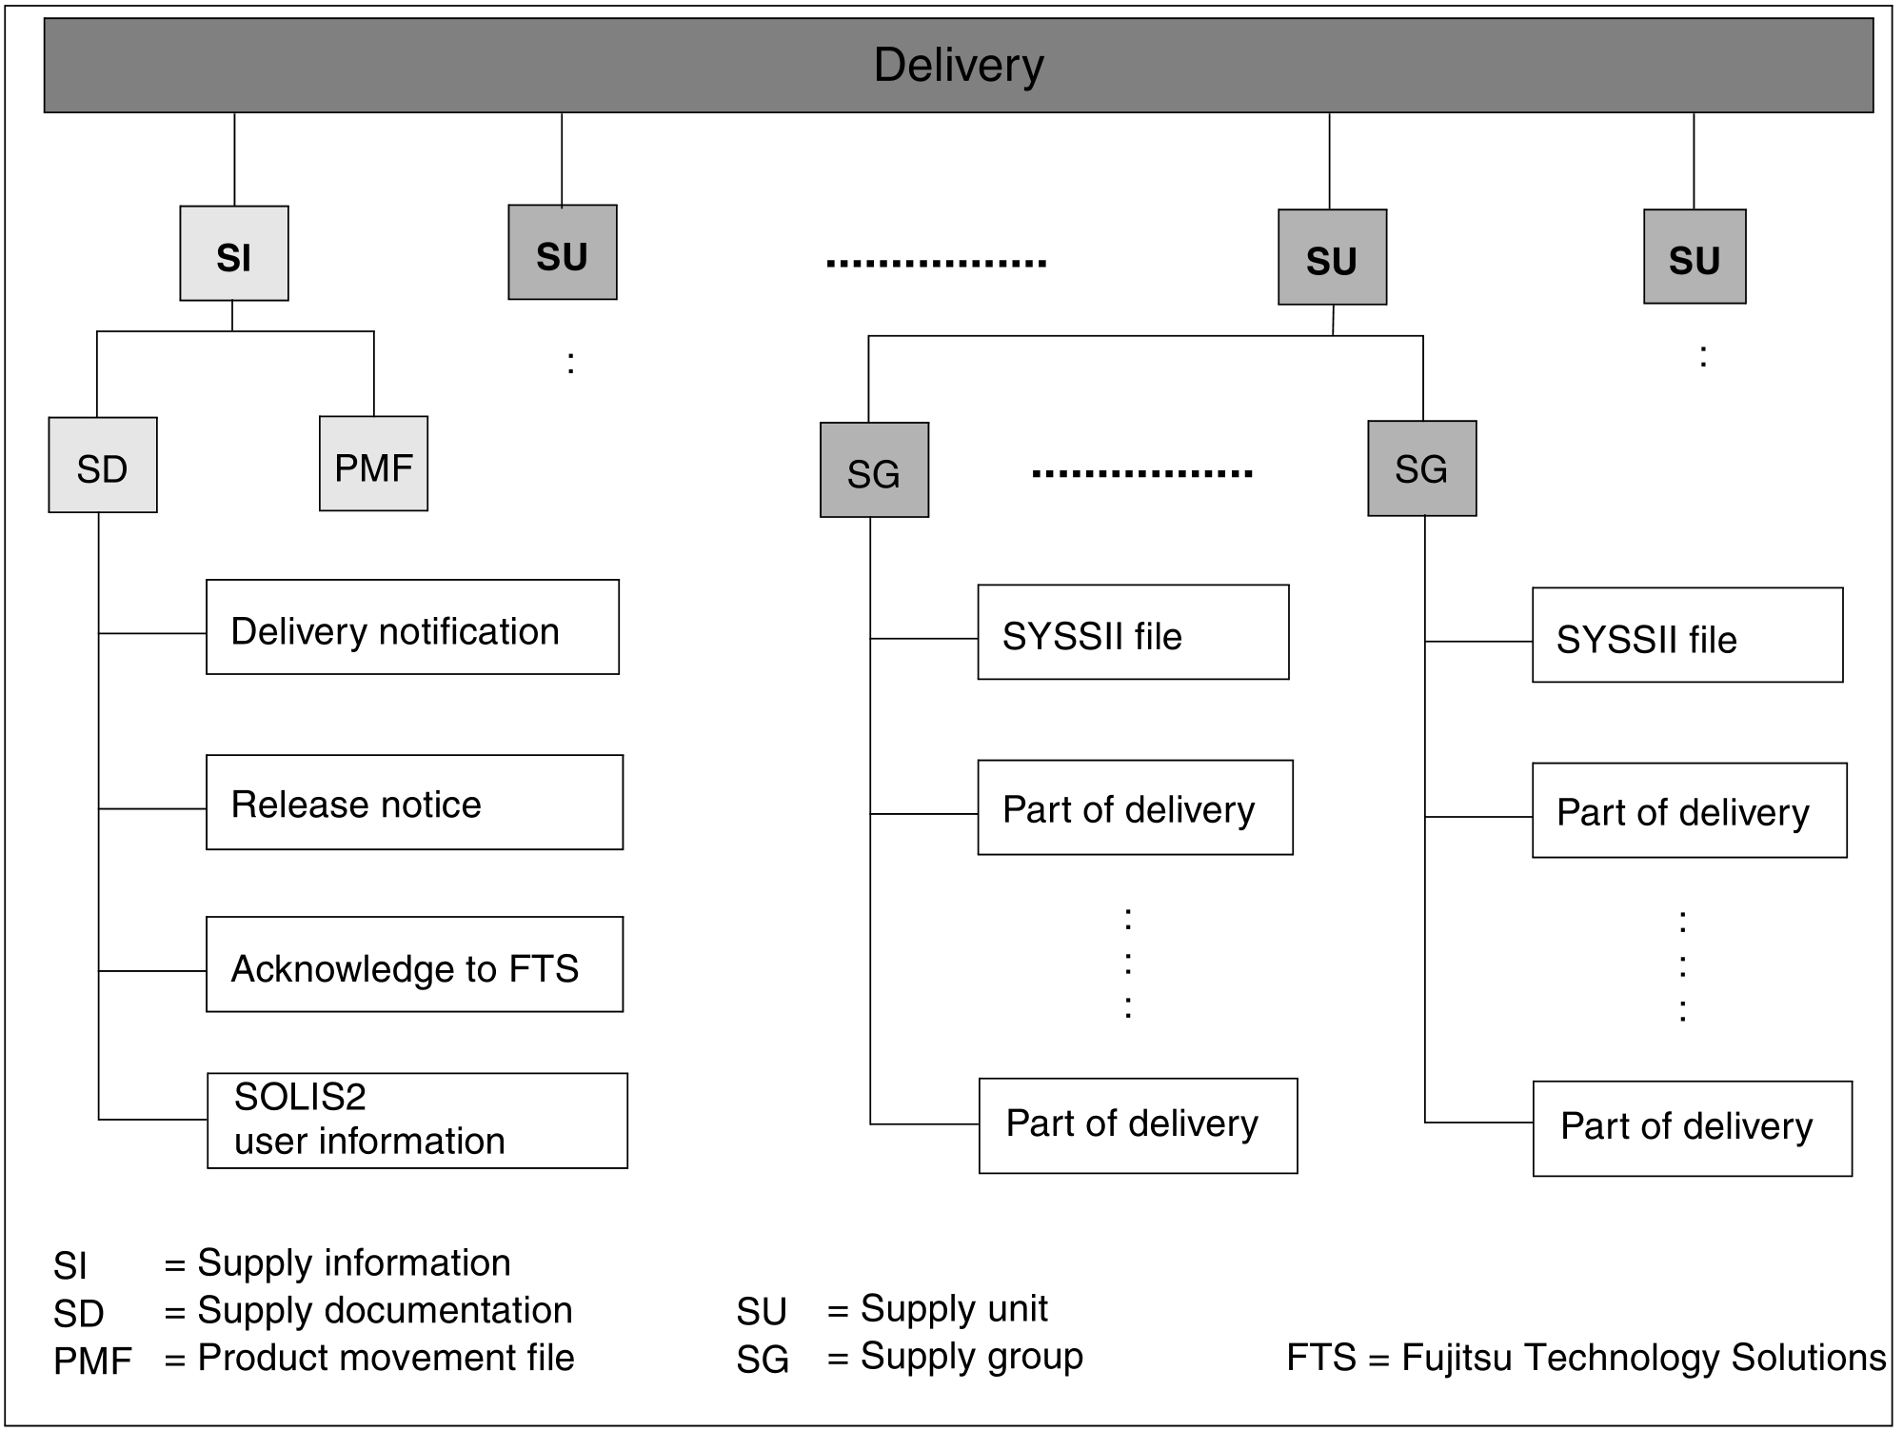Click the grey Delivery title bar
pos(958,65)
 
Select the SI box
pos(234,254)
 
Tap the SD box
pos(103,466)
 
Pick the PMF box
pos(373,464)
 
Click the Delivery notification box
pos(412,627)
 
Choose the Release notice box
pos(414,803)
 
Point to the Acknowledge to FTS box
pos(414,964)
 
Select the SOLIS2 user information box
pos(417,1121)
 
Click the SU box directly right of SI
pos(562,252)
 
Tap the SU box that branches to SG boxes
pos(1332,257)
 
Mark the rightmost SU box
pos(1695,257)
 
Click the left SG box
pos(874,470)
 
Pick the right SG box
pos(1421,468)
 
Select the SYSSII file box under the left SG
pos(1133,632)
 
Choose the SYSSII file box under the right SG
pos(1687,635)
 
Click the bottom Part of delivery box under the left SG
pos(1138,1125)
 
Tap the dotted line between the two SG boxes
pos(1141,473)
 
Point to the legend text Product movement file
pos(386,1358)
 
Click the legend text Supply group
pos(971,1356)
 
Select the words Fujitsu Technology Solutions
pos(1643,1358)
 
